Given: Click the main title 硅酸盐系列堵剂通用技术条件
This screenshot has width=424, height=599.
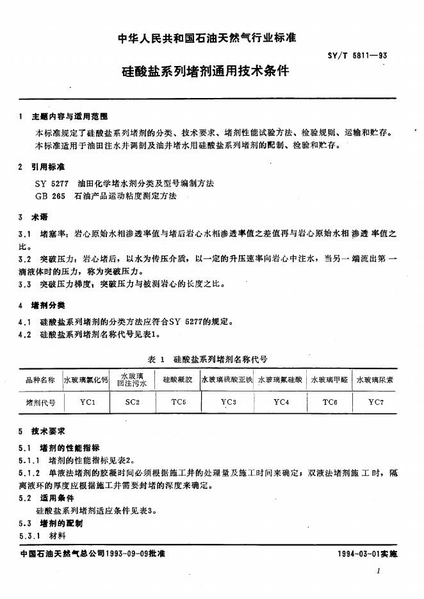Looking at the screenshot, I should [x=211, y=70].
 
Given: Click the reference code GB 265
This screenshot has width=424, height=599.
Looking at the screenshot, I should [x=51, y=195].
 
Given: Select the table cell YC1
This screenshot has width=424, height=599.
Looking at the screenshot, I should [x=87, y=403].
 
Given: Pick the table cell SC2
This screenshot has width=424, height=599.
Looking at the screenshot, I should [x=132, y=403].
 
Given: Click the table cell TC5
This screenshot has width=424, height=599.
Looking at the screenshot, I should [x=178, y=403].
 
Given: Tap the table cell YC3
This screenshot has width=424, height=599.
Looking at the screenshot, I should [x=229, y=402].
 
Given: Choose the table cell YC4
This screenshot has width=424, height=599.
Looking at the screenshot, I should [x=281, y=402].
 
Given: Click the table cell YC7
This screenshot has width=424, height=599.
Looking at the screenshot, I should [x=376, y=402].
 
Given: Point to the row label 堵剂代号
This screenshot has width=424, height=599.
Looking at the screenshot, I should [x=40, y=403].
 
